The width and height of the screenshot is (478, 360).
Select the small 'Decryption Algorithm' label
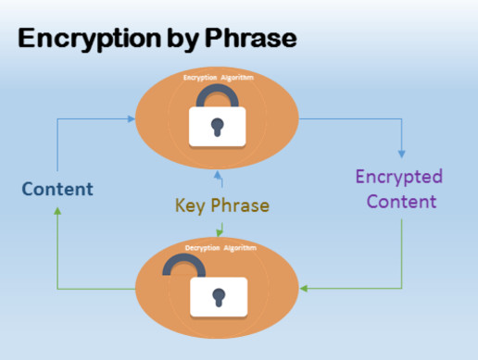coord(218,248)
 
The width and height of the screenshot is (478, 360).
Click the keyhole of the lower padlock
coord(218,298)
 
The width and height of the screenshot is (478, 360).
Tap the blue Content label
coord(57,190)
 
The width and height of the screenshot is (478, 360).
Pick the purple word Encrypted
coord(399,177)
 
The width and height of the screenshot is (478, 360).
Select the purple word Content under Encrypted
coord(399,201)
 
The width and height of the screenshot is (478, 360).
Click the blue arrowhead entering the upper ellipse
coord(131,118)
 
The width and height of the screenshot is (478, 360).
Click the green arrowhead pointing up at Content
coord(57,211)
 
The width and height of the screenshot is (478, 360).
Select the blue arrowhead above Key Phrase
coord(218,173)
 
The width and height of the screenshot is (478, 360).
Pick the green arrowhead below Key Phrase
coord(219,232)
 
